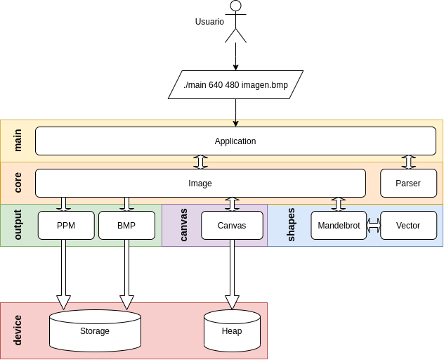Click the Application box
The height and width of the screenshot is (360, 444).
[235, 141]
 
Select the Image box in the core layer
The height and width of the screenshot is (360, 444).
[200, 183]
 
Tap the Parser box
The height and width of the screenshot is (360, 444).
[408, 183]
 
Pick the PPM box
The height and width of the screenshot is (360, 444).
[66, 225]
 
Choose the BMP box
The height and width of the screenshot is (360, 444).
[126, 225]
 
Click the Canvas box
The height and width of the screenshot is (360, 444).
[232, 225]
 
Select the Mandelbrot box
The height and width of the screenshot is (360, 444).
[339, 225]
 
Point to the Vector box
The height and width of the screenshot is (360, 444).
[408, 225]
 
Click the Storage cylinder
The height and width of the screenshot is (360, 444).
[95, 331]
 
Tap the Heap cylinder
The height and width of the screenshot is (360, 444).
[232, 331]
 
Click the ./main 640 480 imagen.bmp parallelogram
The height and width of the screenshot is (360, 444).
[235, 84]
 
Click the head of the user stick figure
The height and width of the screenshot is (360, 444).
[236, 6]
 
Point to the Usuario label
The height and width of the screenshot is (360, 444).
[209, 22]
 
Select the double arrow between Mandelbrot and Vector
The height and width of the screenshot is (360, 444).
[374, 225]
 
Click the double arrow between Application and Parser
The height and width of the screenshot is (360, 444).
[408, 162]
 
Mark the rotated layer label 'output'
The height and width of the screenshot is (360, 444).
[18, 225]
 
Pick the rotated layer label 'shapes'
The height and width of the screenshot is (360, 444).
[292, 225]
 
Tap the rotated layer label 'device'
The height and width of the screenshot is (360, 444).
[18, 330]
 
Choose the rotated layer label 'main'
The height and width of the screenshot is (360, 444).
[18, 141]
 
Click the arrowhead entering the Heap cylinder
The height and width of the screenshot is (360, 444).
[232, 302]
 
